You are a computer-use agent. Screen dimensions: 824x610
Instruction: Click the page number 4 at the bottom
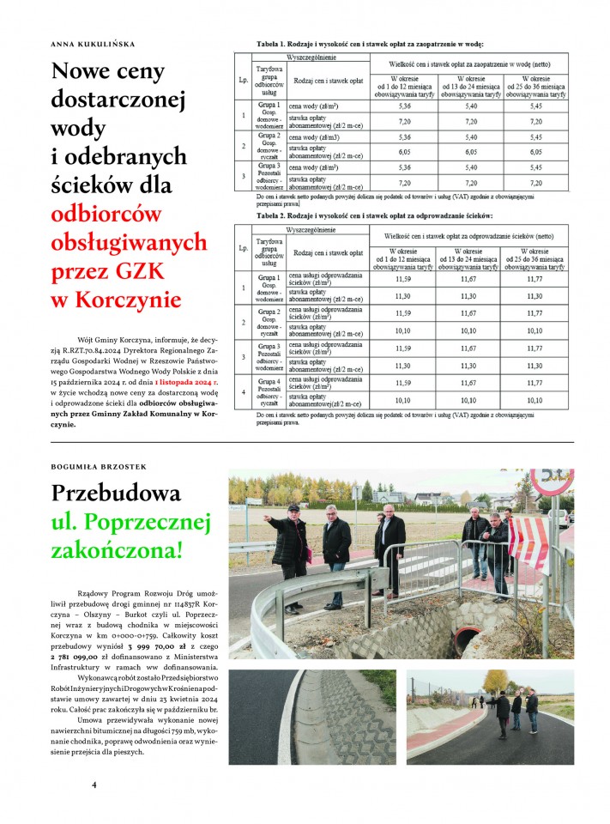click(94, 784)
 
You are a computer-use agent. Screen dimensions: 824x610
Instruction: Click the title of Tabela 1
click(365, 43)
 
